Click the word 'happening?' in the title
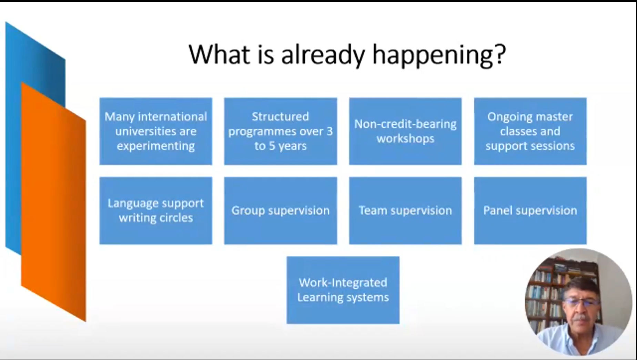pyautogui.click(x=439, y=55)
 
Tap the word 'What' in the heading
pyautogui.click(x=219, y=54)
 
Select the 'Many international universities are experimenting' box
pyautogui.click(x=156, y=131)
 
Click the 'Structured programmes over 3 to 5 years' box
pyautogui.click(x=281, y=131)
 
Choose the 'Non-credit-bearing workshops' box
pyautogui.click(x=405, y=131)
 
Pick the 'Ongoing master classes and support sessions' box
pyautogui.click(x=530, y=131)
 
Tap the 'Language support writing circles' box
pyautogui.click(x=156, y=210)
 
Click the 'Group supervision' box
pyautogui.click(x=281, y=210)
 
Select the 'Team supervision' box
pyautogui.click(x=405, y=210)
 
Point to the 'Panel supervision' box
pyautogui.click(x=530, y=210)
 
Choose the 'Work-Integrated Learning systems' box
pyautogui.click(x=343, y=290)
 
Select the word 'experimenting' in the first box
pyautogui.click(x=156, y=146)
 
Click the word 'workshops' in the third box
pyautogui.click(x=405, y=138)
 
